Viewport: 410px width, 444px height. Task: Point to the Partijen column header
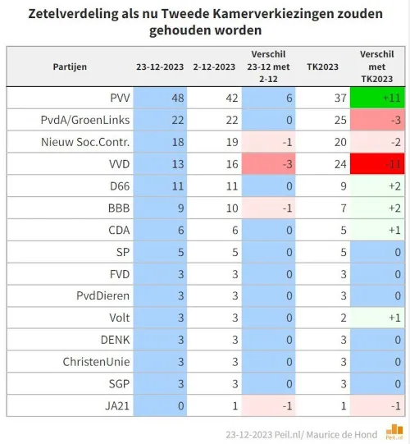click(x=70, y=66)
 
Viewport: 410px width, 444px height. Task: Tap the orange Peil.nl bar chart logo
click(x=397, y=429)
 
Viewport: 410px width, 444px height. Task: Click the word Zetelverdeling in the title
click(x=71, y=14)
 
